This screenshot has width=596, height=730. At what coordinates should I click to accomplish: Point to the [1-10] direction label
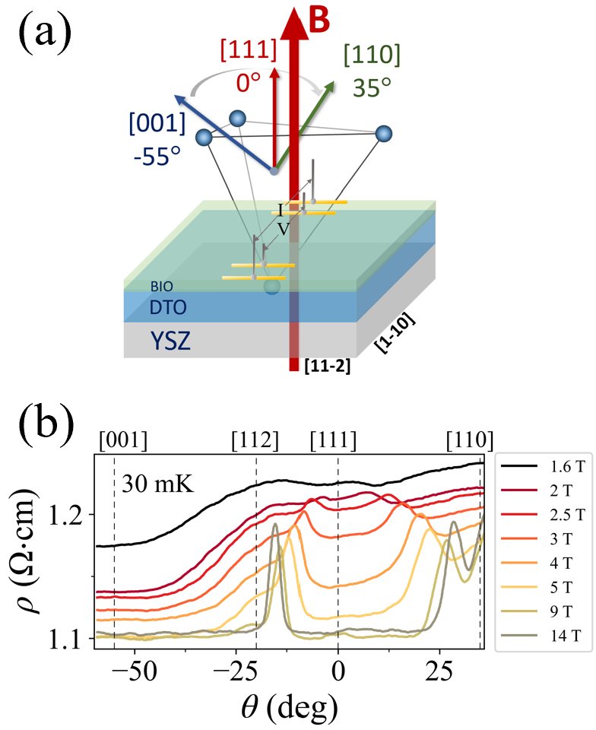pos(398,332)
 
